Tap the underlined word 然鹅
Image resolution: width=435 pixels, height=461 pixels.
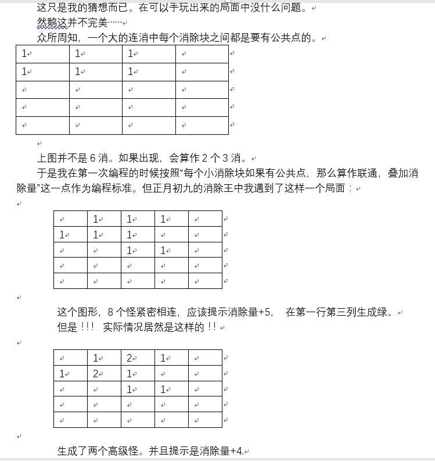pyautogui.click(x=48, y=23)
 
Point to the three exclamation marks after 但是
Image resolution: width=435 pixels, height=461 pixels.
pyautogui.click(x=86, y=327)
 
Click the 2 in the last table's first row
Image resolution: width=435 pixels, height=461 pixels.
pyautogui.click(x=130, y=358)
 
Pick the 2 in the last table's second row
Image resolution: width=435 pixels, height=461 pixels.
pyautogui.click(x=96, y=374)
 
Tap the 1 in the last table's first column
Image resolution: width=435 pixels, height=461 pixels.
pyautogui.click(x=62, y=374)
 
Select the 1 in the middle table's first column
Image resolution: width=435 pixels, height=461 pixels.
pyautogui.click(x=62, y=235)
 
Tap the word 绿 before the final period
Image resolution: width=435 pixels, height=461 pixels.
pyautogui.click(x=391, y=312)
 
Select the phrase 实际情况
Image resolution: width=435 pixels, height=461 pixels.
pyautogui.click(x=124, y=327)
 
